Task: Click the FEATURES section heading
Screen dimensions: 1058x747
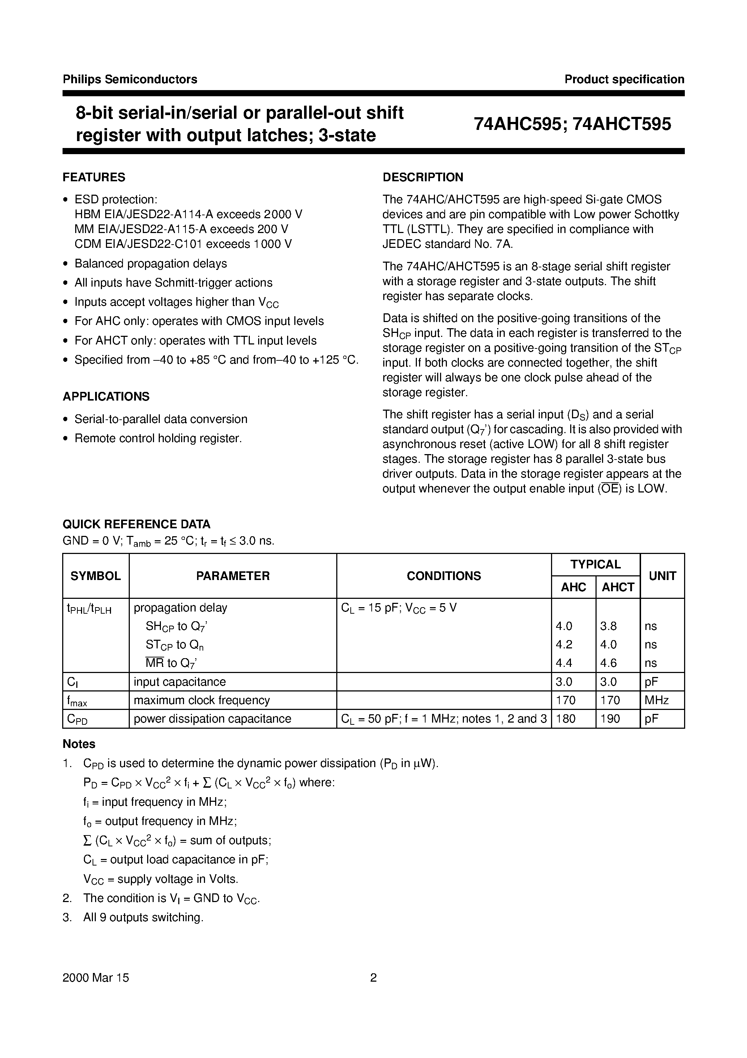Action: (94, 177)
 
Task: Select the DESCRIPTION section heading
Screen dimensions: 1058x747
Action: (423, 177)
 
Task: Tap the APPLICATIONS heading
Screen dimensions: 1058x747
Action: (106, 397)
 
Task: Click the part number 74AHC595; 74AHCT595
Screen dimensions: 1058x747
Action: (572, 124)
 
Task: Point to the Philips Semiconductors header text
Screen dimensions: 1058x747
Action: (130, 79)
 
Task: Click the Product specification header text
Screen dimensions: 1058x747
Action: (624, 79)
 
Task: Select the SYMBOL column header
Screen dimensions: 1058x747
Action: (95, 576)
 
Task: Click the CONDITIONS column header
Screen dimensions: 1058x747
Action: (444, 576)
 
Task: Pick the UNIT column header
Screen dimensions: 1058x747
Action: (662, 576)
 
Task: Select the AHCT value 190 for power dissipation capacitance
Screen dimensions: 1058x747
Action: (610, 719)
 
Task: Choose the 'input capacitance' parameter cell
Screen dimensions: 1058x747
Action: (180, 682)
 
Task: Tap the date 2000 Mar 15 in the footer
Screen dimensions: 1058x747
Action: (96, 978)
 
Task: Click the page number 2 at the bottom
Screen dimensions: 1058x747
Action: (373, 978)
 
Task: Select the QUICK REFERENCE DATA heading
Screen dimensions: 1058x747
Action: (136, 524)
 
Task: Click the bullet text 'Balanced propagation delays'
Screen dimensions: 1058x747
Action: (151, 263)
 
